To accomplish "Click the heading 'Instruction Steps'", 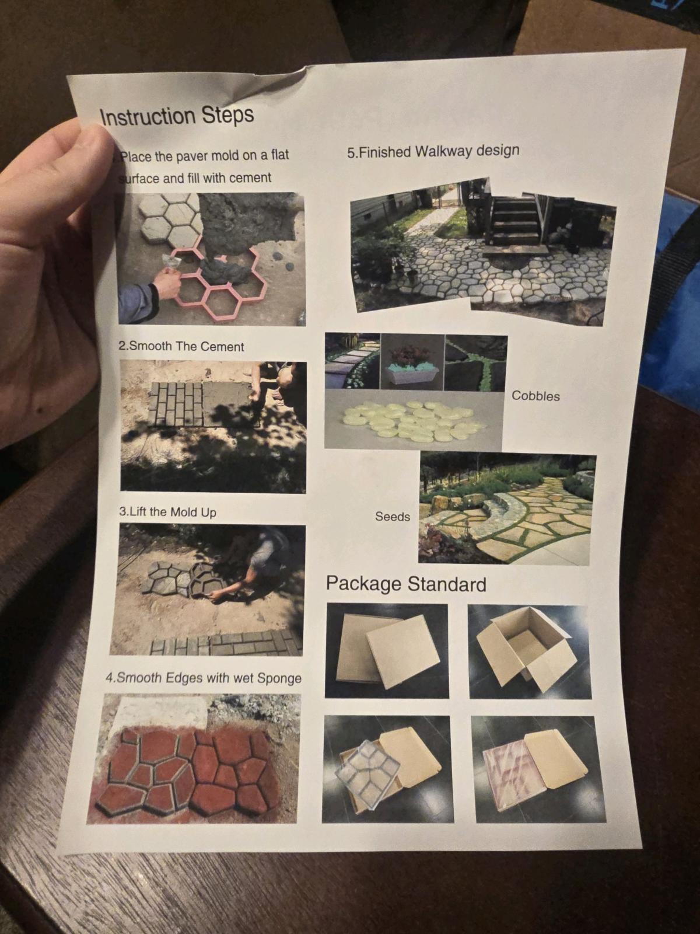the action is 177,116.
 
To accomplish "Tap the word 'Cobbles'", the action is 535,396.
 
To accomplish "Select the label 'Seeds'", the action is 392,517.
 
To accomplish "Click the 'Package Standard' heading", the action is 406,584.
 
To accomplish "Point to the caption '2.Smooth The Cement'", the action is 181,346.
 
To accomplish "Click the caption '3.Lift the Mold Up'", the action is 167,512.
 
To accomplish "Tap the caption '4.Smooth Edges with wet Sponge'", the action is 203,678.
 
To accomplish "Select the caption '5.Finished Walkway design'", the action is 433,151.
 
